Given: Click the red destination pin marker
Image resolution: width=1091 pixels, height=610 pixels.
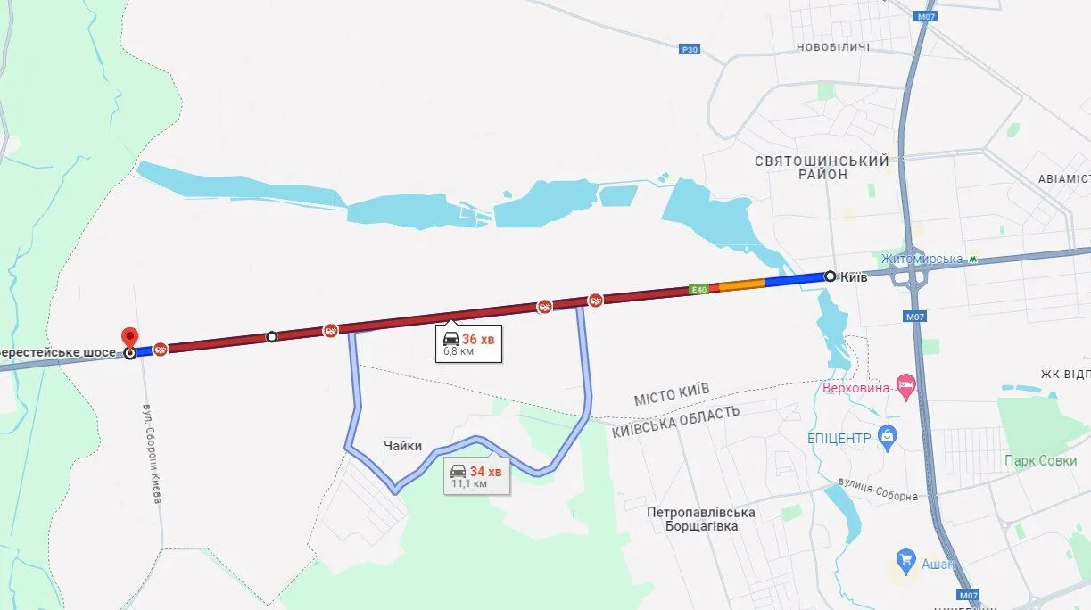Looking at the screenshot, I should point(129,338).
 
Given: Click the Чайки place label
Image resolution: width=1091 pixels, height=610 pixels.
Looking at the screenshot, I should point(403,446).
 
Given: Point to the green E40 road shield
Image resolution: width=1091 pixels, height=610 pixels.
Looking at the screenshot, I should point(698,289).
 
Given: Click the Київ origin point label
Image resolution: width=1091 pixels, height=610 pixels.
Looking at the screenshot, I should point(855,276).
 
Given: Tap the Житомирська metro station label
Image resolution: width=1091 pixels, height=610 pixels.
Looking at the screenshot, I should point(922,259).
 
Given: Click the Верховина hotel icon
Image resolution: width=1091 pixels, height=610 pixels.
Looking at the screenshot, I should point(906,385).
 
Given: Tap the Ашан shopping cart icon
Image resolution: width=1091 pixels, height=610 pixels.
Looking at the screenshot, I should point(906,560).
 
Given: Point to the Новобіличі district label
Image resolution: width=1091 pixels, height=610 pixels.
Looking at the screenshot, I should point(832,46).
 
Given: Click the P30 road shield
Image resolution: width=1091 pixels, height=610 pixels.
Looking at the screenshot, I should point(689,50).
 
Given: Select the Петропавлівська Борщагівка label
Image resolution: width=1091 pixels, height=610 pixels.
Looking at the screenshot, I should point(701,519).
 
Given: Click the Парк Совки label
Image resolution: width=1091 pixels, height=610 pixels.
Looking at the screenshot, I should point(1039,461).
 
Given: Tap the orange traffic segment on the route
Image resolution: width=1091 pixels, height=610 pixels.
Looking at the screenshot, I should point(742,285).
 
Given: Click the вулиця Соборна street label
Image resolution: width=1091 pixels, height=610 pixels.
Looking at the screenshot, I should point(878,490).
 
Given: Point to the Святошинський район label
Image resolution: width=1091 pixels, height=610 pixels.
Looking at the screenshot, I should point(822,168).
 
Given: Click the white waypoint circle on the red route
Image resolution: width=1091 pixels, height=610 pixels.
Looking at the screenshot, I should point(272,337).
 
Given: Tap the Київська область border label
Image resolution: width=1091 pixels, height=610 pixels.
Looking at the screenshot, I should point(675,421).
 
